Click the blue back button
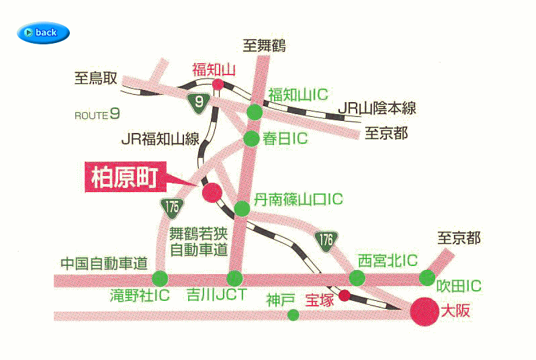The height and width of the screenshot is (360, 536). pyautogui.click(x=44, y=32)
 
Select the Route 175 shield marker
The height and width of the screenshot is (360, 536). pyautogui.click(x=172, y=206)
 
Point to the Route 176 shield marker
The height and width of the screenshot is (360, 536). pyautogui.click(x=326, y=239)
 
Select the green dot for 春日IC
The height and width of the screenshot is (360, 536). pyautogui.click(x=251, y=138)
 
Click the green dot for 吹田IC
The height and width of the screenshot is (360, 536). pyautogui.click(x=427, y=277)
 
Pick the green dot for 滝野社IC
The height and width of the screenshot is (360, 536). pyautogui.click(x=160, y=278)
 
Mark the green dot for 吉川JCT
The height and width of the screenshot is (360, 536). pyautogui.click(x=234, y=278)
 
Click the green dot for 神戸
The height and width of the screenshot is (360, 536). pyautogui.click(x=292, y=314)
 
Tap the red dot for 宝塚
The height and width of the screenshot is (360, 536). pyautogui.click(x=344, y=296)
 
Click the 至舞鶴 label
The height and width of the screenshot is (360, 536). pyautogui.click(x=265, y=46)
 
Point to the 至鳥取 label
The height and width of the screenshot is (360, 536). pyautogui.click(x=95, y=79)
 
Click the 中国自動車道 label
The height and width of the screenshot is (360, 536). pyautogui.click(x=103, y=263)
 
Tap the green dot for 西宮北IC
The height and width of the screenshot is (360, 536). pyautogui.click(x=357, y=277)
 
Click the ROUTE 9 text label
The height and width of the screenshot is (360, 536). pyautogui.click(x=97, y=114)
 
